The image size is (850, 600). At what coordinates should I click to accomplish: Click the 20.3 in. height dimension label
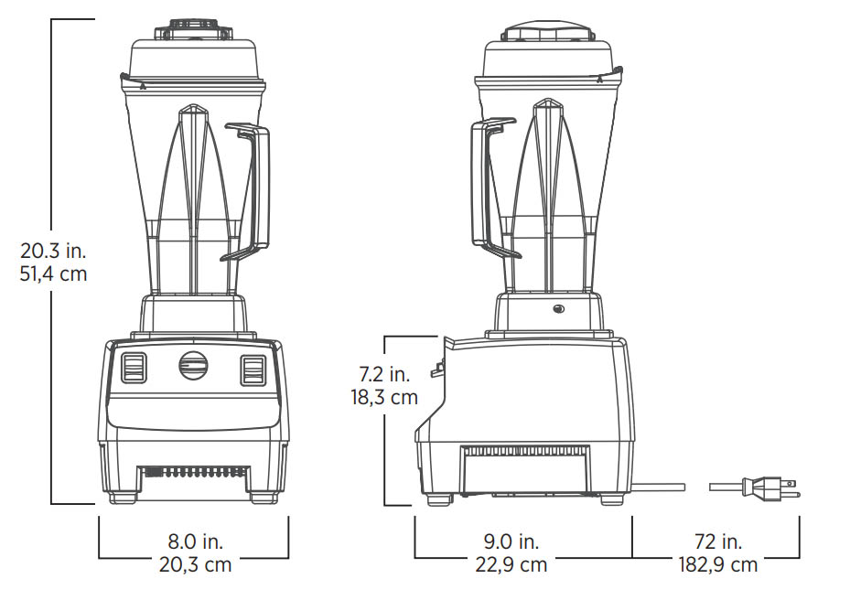pos(54,251)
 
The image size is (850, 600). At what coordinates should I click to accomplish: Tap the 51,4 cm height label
pos(54,273)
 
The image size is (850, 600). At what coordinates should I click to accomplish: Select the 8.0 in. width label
pos(196,541)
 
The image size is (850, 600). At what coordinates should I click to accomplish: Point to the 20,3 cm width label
pos(196,564)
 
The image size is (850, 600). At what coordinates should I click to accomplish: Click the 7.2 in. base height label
pos(385,374)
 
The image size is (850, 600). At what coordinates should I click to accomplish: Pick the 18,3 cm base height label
pos(385,397)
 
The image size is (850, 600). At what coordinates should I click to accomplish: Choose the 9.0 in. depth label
pos(511,541)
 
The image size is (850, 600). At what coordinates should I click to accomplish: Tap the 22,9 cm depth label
pos(511,564)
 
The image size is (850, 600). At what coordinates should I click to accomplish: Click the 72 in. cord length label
pos(718,541)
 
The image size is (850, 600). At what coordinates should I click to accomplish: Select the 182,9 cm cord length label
pos(718,564)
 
